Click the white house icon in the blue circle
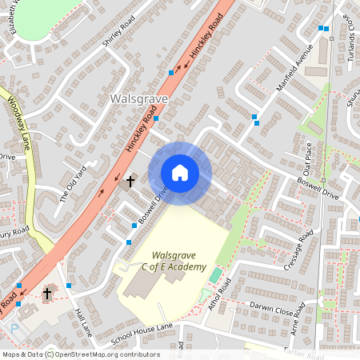point(180,173)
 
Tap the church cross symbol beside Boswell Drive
point(130,182)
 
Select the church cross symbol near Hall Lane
point(46,294)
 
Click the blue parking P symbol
point(14,328)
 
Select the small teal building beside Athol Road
point(214,276)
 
